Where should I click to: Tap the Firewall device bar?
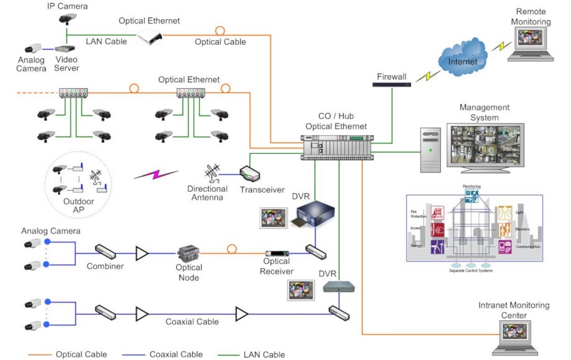[x=392, y=84]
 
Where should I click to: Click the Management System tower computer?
[x=429, y=150]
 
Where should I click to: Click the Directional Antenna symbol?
[x=212, y=173]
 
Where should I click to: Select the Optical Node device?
[x=188, y=254]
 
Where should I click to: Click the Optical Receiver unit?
[x=278, y=254]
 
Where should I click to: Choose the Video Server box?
[x=65, y=48]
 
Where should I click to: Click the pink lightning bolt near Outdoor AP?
[x=156, y=174]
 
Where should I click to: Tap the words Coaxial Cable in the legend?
[x=176, y=354]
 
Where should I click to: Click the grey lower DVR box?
[x=339, y=286]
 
